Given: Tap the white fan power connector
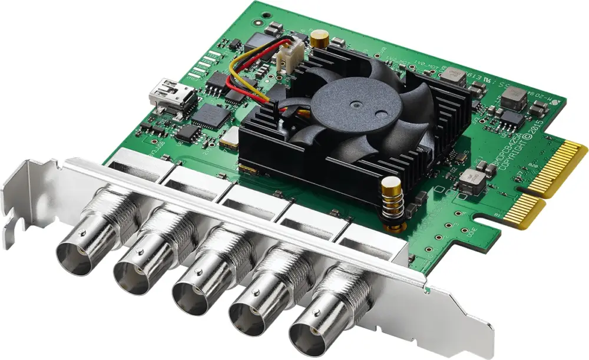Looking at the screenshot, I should point(287,58).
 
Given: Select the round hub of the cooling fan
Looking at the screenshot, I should point(358,106).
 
